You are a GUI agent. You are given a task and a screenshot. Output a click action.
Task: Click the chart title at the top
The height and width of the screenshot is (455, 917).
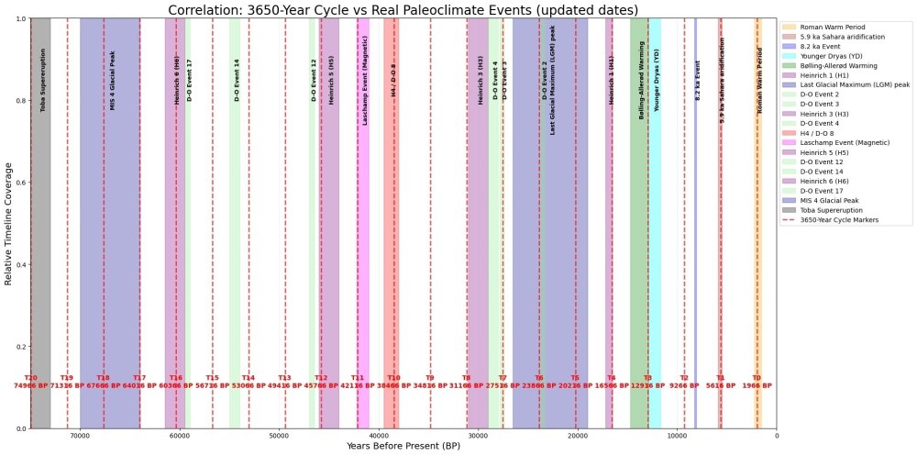click(x=403, y=9)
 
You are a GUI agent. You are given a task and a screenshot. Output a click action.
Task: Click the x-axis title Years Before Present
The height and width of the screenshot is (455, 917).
click(x=403, y=446)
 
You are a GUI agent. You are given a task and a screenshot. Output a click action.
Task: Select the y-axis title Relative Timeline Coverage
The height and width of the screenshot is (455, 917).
click(x=9, y=224)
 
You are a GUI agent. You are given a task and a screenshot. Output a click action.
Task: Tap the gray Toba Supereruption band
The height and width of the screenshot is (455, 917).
click(x=41, y=275)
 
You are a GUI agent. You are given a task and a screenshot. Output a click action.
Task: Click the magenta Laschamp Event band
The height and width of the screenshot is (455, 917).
click(x=363, y=275)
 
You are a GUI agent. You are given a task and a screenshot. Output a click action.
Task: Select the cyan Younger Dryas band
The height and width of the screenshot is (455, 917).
click(x=656, y=275)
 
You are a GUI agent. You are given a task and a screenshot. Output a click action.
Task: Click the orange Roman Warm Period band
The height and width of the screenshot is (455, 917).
click(x=757, y=275)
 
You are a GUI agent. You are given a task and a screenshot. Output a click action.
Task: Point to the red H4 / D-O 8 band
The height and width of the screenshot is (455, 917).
click(x=392, y=275)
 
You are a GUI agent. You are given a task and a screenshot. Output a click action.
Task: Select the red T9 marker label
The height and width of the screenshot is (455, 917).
click(x=430, y=378)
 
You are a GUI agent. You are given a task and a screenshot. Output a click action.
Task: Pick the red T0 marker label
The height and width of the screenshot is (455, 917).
click(x=757, y=378)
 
